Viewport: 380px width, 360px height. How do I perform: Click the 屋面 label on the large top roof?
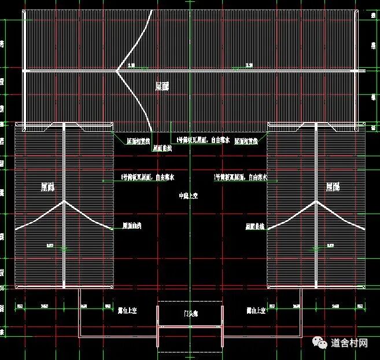[163, 86]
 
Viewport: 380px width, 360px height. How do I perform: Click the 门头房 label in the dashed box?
[190, 314]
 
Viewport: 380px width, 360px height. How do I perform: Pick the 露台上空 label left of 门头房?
[127, 311]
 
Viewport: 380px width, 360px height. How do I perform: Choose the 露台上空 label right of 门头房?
[254, 311]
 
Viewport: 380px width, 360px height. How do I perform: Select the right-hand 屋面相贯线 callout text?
[246, 141]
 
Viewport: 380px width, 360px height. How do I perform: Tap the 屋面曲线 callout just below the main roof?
[163, 148]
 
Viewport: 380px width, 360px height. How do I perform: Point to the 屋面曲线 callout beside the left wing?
[132, 225]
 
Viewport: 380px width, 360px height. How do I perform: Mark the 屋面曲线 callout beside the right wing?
[255, 226]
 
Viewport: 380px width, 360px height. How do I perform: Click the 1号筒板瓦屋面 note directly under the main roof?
[203, 140]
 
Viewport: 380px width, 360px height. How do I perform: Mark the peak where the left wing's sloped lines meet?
[64, 201]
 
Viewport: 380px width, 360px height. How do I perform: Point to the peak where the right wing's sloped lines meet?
[316, 201]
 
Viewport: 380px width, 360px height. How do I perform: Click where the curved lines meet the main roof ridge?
[117, 71]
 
